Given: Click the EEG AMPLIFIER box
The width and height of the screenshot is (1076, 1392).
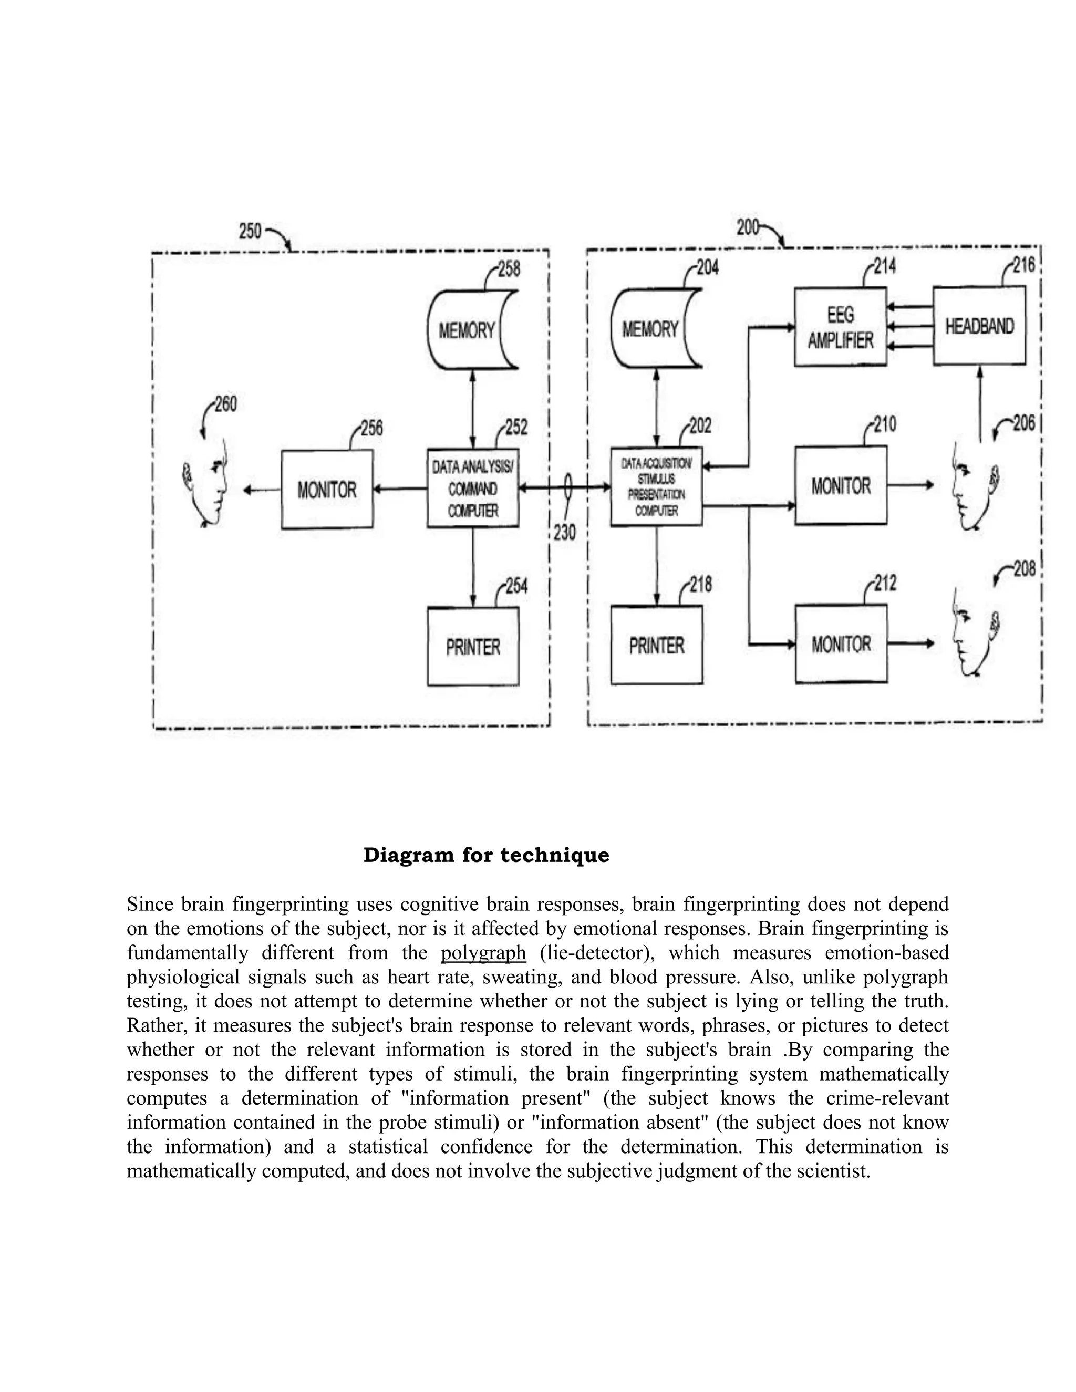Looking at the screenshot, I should [840, 327].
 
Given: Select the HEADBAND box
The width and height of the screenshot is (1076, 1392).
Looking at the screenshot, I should [979, 326].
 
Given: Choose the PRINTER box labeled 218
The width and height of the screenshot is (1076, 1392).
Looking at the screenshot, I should [657, 645].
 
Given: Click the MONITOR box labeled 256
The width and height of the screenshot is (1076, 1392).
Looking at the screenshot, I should [327, 490].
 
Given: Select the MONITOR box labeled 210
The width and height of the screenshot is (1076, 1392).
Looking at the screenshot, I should [841, 486].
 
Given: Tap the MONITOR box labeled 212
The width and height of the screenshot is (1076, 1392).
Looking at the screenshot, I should [841, 644].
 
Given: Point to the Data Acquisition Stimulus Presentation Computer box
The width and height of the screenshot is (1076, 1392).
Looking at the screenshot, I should [656, 487].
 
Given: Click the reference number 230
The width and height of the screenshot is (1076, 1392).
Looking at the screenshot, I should [564, 532].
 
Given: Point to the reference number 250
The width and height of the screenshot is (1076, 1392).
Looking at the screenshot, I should [250, 231].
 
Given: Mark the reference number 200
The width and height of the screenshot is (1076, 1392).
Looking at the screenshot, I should [747, 227].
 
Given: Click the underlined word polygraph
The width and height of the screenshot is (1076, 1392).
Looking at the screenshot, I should [483, 953].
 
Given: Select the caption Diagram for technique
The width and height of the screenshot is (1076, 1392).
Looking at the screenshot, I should [486, 855].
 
